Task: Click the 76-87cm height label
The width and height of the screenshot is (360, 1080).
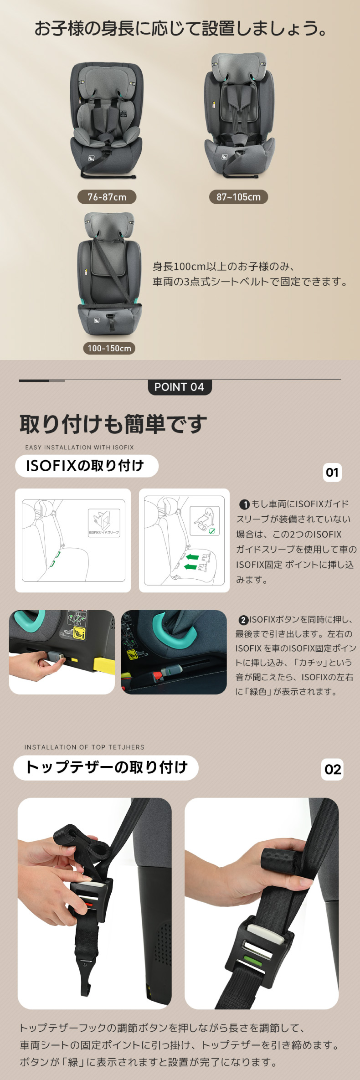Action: coord(107,197)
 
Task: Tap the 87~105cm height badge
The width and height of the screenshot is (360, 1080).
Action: coord(238,197)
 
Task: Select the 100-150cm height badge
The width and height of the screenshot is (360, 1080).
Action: coord(109,348)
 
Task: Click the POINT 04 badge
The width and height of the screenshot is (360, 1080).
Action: coord(180,387)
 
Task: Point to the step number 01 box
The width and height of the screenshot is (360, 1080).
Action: coord(332,472)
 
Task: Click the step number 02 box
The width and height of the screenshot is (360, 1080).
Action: coord(332,769)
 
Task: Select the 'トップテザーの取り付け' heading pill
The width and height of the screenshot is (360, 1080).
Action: coord(106,767)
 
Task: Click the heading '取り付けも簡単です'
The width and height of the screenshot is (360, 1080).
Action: coord(113,424)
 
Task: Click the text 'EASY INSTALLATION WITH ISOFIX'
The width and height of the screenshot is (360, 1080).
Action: coord(79,447)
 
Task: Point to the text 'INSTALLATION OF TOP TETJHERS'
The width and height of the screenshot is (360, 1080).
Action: coord(84,747)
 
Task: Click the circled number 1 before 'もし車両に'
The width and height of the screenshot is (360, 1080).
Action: coord(244,504)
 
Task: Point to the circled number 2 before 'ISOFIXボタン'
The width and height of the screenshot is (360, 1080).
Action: coord(243,620)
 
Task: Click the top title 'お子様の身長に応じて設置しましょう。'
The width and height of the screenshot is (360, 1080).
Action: coord(181,28)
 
